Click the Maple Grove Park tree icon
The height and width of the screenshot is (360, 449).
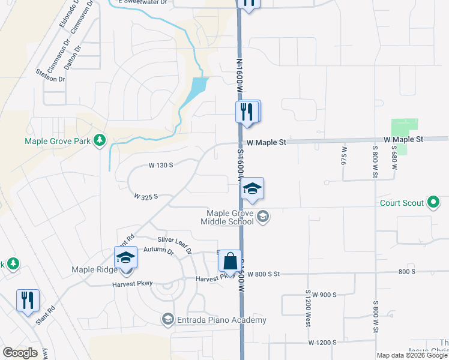(x=100, y=141)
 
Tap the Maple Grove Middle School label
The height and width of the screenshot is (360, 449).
(x=230, y=217)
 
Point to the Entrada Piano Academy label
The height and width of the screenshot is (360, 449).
(x=220, y=320)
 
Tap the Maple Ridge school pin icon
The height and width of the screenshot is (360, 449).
(x=126, y=258)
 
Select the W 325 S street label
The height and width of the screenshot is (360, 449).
(x=146, y=196)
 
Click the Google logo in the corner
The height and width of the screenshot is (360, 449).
(x=20, y=353)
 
